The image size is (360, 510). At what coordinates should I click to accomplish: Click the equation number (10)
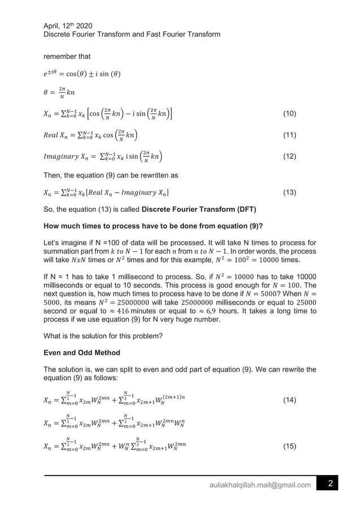pos(289,114)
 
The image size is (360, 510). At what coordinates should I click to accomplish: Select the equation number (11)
pos(289,136)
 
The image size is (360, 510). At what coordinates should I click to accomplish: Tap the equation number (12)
pos(289,156)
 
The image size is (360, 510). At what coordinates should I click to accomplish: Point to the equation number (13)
pos(289,193)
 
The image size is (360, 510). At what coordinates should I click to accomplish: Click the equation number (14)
pos(289,400)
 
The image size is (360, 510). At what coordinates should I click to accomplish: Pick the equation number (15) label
pos(289,446)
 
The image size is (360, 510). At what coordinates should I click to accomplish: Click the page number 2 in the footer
pos(331,484)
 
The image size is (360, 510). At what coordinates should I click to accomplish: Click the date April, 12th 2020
pos(68,25)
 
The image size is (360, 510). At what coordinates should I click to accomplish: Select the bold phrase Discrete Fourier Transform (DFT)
pos(199,210)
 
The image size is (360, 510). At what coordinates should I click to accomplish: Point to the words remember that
pos(67,56)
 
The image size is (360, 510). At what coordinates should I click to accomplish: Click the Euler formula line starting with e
pos(82,74)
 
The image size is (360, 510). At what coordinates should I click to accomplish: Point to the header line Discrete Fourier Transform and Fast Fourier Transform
pos(131,34)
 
